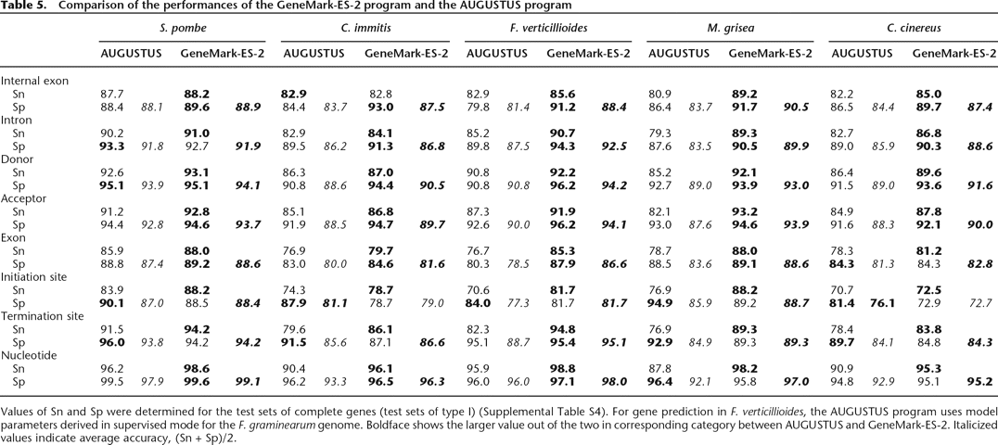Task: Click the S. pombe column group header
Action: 182,28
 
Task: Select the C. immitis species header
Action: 364,28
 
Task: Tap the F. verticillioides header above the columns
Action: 547,28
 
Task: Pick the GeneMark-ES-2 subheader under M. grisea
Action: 771,54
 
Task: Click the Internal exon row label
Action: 35,81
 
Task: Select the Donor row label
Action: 19,159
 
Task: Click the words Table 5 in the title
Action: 22,6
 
